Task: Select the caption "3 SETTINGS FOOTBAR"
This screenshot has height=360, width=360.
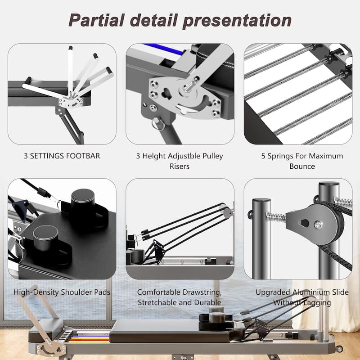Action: pyautogui.click(x=62, y=157)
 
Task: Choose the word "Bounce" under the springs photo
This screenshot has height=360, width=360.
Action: pyautogui.click(x=302, y=166)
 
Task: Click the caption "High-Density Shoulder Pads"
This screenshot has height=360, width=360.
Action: pyautogui.click(x=62, y=292)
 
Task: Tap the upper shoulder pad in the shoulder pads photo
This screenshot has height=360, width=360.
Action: pyautogui.click(x=83, y=200)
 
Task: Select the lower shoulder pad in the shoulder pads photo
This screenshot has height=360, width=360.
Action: pyautogui.click(x=46, y=237)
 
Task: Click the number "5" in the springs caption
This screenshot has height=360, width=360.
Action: pyautogui.click(x=264, y=156)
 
